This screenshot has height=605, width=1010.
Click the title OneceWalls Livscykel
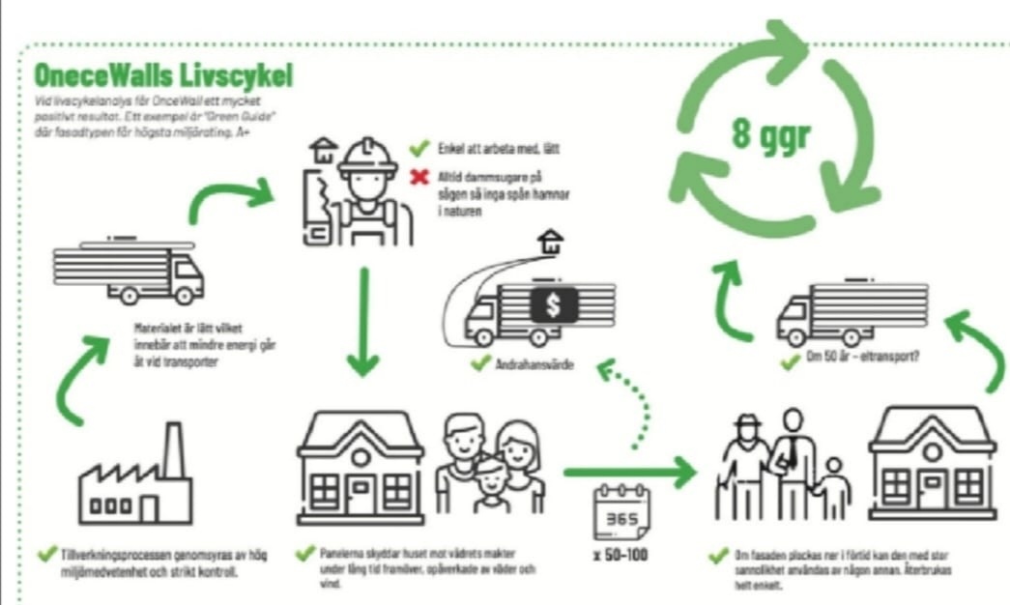click(x=163, y=74)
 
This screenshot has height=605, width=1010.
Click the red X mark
click(x=418, y=178)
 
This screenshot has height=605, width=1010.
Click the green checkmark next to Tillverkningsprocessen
click(x=43, y=555)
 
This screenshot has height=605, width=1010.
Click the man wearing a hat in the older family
click(x=745, y=464)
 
